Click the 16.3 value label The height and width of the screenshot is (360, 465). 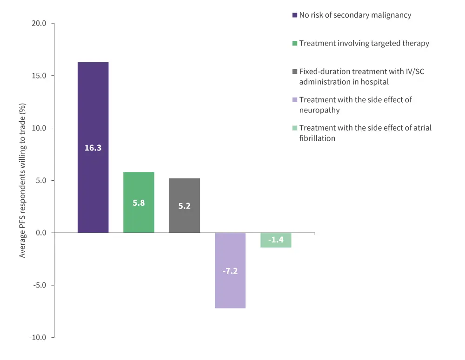(93, 148)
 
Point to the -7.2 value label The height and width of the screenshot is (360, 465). (230, 271)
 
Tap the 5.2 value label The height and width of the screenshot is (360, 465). (185, 206)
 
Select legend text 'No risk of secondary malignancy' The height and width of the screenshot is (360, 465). (355, 15)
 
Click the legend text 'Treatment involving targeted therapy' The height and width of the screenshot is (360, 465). (364, 43)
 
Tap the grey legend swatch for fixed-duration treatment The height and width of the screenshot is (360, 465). (295, 72)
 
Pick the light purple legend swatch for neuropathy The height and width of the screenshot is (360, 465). (295, 100)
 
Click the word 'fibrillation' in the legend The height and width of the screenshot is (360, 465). (317, 138)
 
